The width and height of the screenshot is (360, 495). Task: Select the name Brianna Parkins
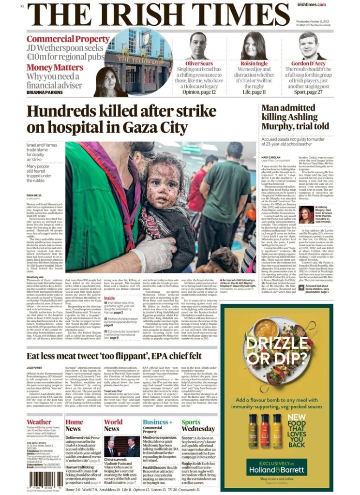click(x=45, y=92)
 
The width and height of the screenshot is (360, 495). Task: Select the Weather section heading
click(x=39, y=422)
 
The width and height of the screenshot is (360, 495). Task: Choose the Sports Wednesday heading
click(x=198, y=425)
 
